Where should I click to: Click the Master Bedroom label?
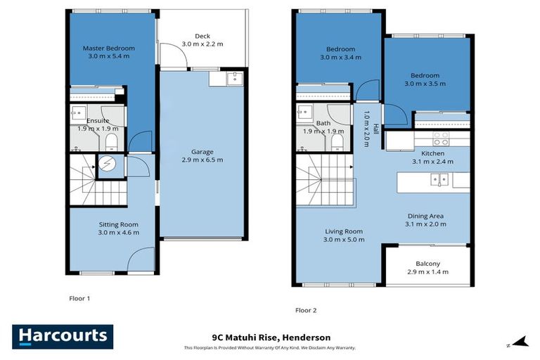click(108, 49)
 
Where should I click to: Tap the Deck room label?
click(202, 37)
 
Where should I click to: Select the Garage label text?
click(202, 152)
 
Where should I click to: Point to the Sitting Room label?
click(118, 224)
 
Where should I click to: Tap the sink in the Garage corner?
click(236, 79)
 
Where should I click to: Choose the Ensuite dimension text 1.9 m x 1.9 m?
click(98, 129)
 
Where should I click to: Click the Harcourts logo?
click(63, 337)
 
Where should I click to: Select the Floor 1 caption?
click(79, 299)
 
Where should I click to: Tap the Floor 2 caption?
click(306, 310)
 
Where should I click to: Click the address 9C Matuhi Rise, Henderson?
click(271, 337)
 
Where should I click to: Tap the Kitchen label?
click(432, 153)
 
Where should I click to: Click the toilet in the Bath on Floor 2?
click(337, 143)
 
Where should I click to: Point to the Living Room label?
click(343, 231)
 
